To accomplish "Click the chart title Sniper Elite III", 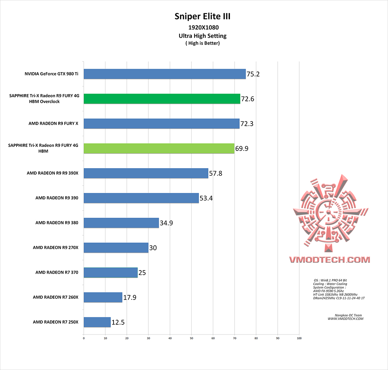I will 202,16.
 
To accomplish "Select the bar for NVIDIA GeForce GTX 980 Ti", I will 165,74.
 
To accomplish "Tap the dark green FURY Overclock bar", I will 162,99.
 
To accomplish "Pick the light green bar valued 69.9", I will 159,148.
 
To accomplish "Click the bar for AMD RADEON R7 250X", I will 97,322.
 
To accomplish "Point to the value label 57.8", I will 216,174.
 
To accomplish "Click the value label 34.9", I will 166,223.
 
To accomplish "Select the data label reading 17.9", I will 129,297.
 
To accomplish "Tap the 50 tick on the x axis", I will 191,338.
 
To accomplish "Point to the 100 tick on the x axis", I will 299,338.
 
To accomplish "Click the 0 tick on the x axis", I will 84,338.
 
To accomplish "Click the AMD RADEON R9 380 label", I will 57,223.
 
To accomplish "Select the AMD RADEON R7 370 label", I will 57,272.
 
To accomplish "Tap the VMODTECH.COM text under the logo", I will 329,259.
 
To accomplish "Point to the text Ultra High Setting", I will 203,36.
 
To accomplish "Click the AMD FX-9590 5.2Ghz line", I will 329,291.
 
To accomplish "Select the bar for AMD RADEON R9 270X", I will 116,248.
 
